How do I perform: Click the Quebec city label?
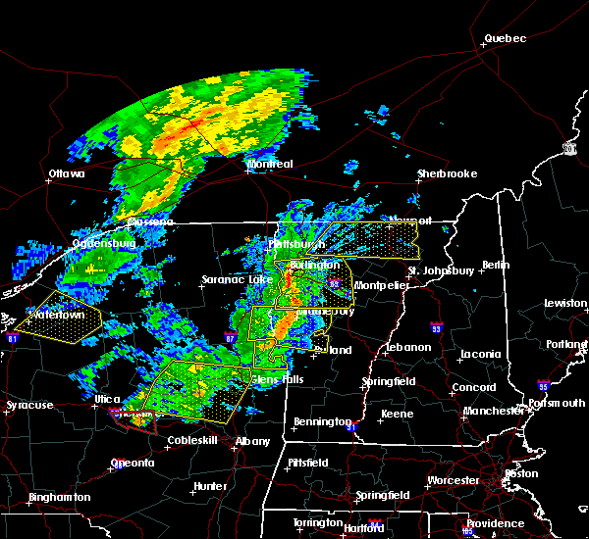tap(505, 39)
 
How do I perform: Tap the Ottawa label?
tap(67, 174)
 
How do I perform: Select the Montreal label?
tap(271, 164)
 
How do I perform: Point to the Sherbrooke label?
tap(447, 174)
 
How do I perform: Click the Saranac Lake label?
tap(230, 279)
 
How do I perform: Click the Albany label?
tap(252, 442)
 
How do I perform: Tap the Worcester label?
tap(453, 480)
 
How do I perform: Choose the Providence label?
tap(495, 523)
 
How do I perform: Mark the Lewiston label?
tap(565, 304)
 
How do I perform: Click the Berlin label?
tap(496, 265)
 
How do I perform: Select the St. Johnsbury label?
tap(441, 270)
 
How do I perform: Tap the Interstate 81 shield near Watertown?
tap(13, 339)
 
